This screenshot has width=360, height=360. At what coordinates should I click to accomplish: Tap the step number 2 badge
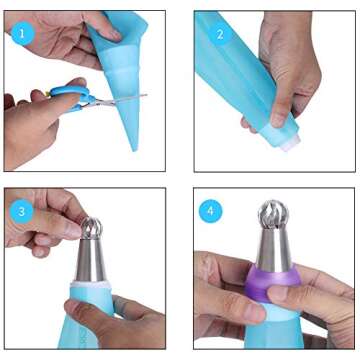[217, 33]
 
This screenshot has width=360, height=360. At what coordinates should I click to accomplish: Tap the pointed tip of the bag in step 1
[133, 146]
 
